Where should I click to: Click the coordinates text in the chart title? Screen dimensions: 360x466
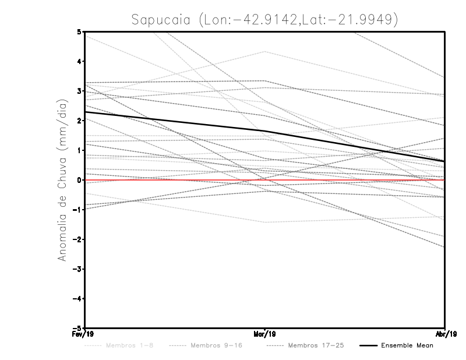tap(299, 20)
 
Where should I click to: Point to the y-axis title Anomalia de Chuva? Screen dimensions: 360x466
tap(62, 179)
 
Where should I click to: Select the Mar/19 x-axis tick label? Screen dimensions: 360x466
tap(265, 334)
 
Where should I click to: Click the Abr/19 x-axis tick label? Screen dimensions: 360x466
tap(446, 334)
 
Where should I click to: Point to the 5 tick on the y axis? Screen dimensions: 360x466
tap(79, 31)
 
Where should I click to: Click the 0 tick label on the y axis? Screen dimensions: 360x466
tap(79, 180)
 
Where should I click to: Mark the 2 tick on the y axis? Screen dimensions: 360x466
tap(79, 121)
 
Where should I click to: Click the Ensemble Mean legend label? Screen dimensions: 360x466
tap(407, 345)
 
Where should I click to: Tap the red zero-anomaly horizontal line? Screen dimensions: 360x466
tap(349, 180)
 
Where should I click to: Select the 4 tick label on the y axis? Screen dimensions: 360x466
tap(79, 61)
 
